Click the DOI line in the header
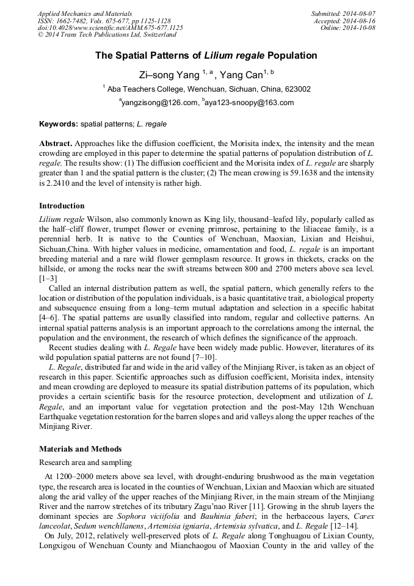pyautogui.click(x=110, y=28)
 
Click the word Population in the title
pyautogui.click(x=292, y=56)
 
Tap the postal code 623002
pyautogui.click(x=297, y=89)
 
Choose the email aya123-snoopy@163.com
pyautogui.click(x=250, y=103)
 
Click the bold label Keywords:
pyautogui.click(x=59, y=124)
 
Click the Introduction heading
pyautogui.click(x=62, y=206)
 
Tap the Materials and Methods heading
pyautogui.click(x=80, y=449)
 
